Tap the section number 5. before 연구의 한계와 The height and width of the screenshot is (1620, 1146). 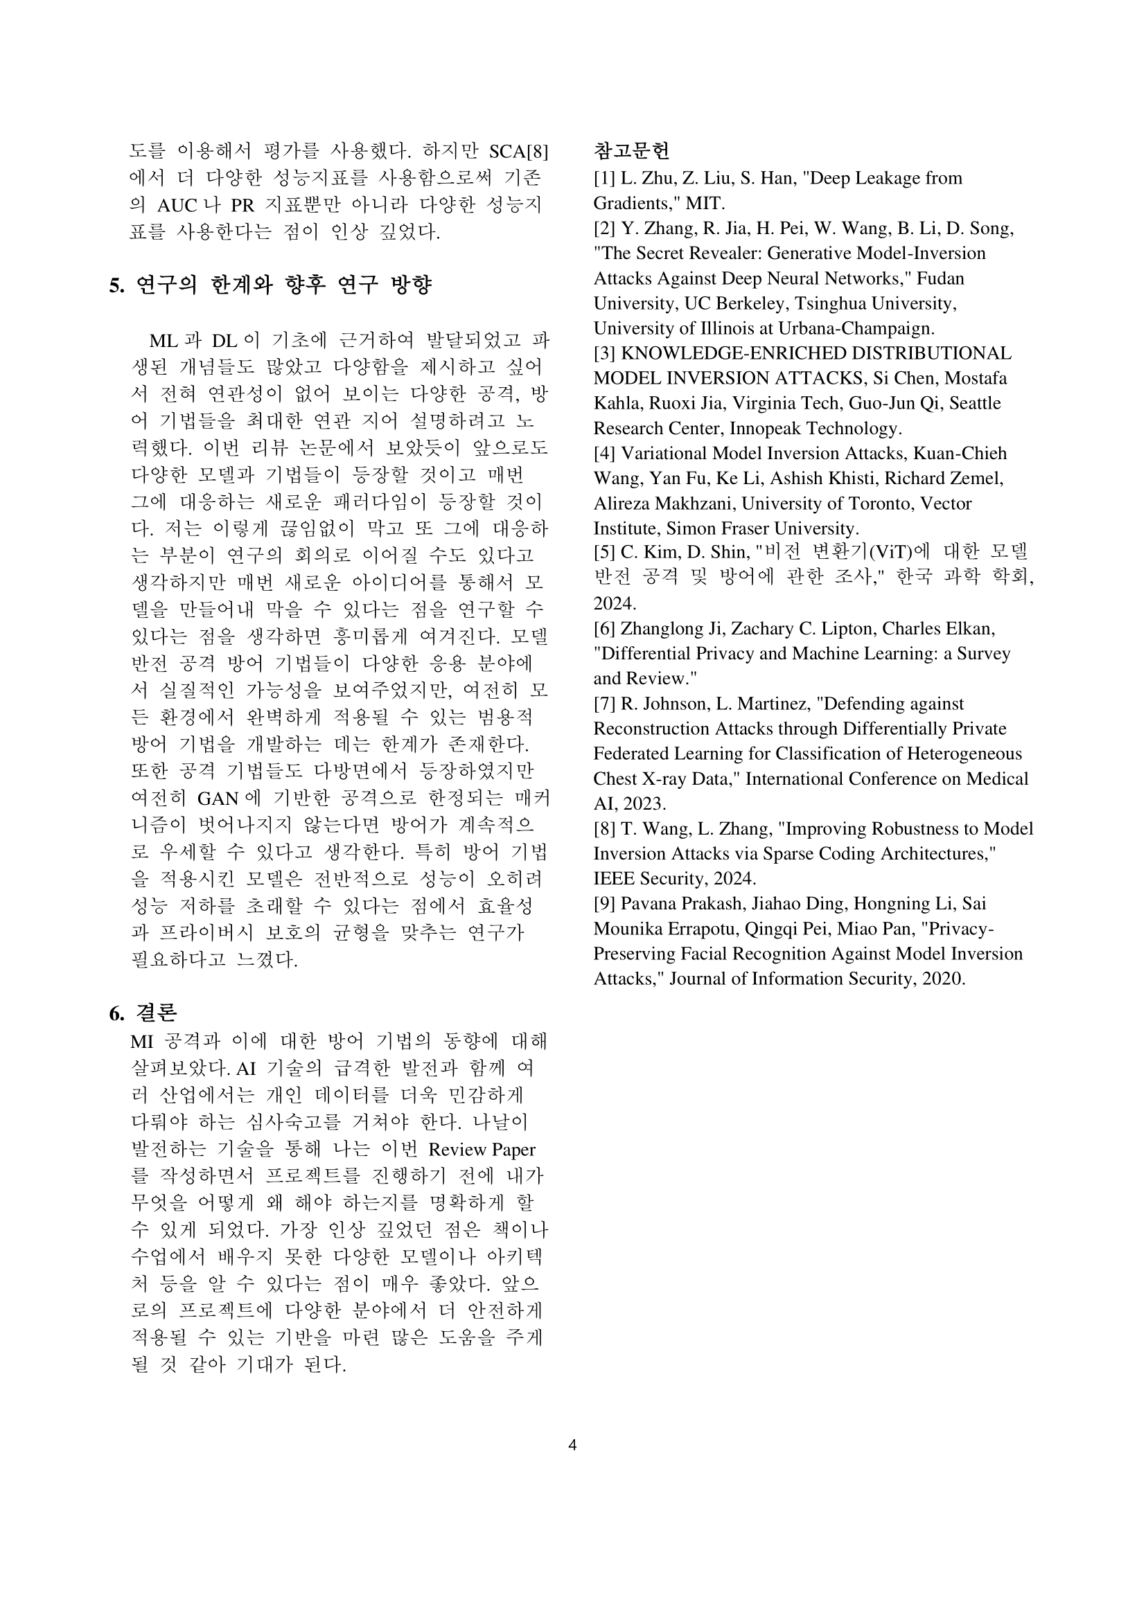click(x=116, y=285)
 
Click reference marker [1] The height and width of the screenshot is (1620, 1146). click(x=605, y=178)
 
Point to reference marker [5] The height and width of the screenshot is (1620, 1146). click(x=605, y=552)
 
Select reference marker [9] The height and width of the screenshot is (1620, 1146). click(x=605, y=903)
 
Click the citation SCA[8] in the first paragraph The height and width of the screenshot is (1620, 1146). click(x=519, y=152)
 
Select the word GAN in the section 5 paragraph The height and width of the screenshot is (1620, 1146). click(x=218, y=798)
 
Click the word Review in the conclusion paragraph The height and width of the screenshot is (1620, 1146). click(x=457, y=1150)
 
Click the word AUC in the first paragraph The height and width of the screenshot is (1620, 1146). click(x=177, y=205)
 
